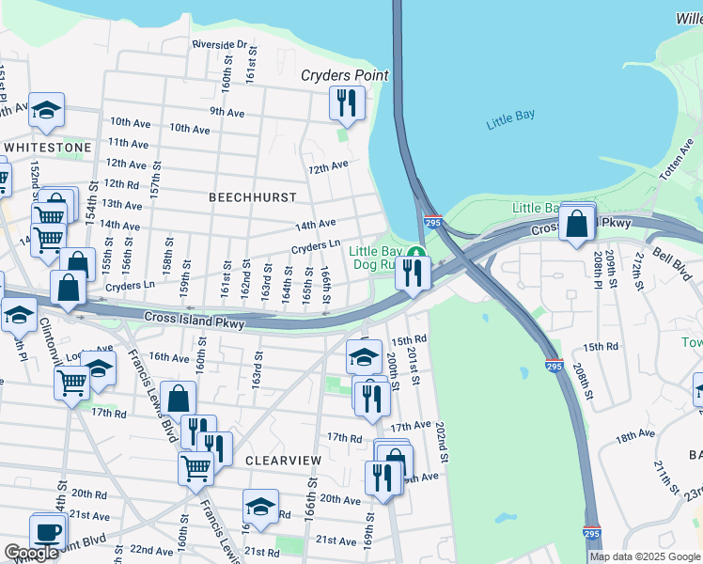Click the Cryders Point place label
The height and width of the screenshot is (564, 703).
point(344,75)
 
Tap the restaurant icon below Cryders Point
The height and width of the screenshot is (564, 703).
point(347,103)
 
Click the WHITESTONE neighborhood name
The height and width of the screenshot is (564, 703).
point(47,148)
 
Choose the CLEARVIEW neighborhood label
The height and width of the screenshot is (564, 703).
point(283,461)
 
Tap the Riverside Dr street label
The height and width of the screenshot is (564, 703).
point(219,44)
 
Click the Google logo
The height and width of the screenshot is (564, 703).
point(31,553)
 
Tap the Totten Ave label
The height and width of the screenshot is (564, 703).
point(677,160)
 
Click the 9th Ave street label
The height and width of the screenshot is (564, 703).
point(227,112)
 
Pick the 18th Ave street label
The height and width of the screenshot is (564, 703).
point(635,436)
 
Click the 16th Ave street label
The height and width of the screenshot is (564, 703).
point(168,357)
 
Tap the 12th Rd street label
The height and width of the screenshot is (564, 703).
point(122,185)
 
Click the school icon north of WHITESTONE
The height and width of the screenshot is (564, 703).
point(46,111)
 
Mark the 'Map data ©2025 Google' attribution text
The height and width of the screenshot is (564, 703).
point(646,556)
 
